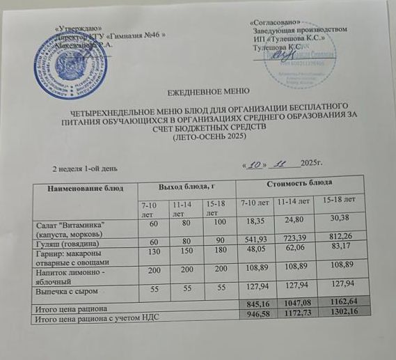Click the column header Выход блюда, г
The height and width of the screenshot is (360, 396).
(187, 187)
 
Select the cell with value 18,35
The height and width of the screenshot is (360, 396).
(255, 225)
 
